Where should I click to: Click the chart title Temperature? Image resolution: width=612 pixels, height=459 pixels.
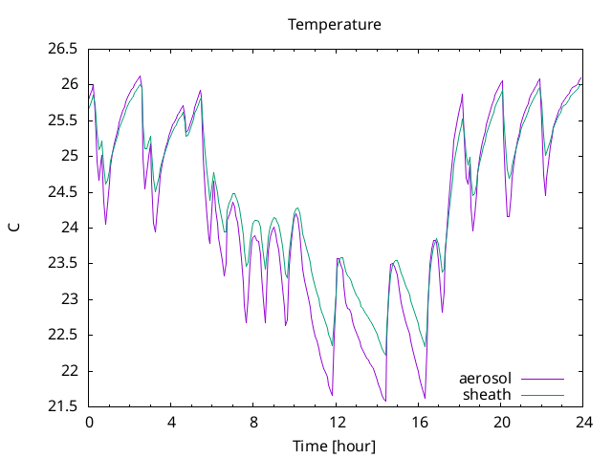[x=335, y=25]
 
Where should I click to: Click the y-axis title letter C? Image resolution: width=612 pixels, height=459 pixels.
[x=14, y=228]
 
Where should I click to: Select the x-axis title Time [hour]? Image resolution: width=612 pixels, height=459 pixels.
[x=334, y=446]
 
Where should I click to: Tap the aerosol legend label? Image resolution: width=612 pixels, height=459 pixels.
[x=485, y=379]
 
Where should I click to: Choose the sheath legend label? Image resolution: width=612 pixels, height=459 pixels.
[x=487, y=395]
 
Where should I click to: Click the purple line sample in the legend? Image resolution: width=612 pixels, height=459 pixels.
[x=543, y=379]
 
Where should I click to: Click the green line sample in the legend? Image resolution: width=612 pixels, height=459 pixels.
[x=543, y=395]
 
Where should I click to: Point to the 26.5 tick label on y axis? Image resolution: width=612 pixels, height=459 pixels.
[x=63, y=49]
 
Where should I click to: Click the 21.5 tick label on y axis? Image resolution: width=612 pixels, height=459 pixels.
[x=63, y=406]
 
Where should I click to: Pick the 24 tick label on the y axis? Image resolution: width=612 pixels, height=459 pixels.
[x=70, y=228]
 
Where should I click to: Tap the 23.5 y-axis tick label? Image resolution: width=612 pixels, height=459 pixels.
[x=63, y=264]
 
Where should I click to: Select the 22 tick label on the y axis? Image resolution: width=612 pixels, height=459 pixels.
[x=70, y=371]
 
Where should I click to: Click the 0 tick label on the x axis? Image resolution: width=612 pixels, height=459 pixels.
[x=89, y=423]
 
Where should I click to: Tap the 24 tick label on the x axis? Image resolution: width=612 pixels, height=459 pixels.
[x=583, y=423]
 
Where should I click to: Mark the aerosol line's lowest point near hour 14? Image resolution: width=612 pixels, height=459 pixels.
[x=385, y=401]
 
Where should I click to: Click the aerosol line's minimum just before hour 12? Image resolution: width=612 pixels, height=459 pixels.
[x=332, y=395]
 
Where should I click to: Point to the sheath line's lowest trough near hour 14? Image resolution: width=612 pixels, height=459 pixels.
[x=385, y=355]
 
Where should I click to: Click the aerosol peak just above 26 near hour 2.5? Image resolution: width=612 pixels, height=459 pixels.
[x=141, y=76]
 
